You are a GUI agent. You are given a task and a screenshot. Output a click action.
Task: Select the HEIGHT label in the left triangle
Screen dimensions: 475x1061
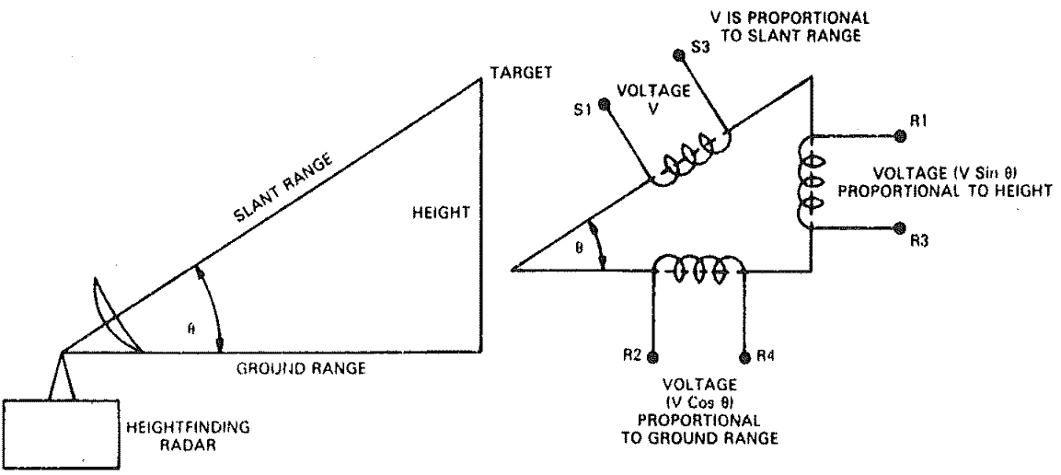click(442, 213)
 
